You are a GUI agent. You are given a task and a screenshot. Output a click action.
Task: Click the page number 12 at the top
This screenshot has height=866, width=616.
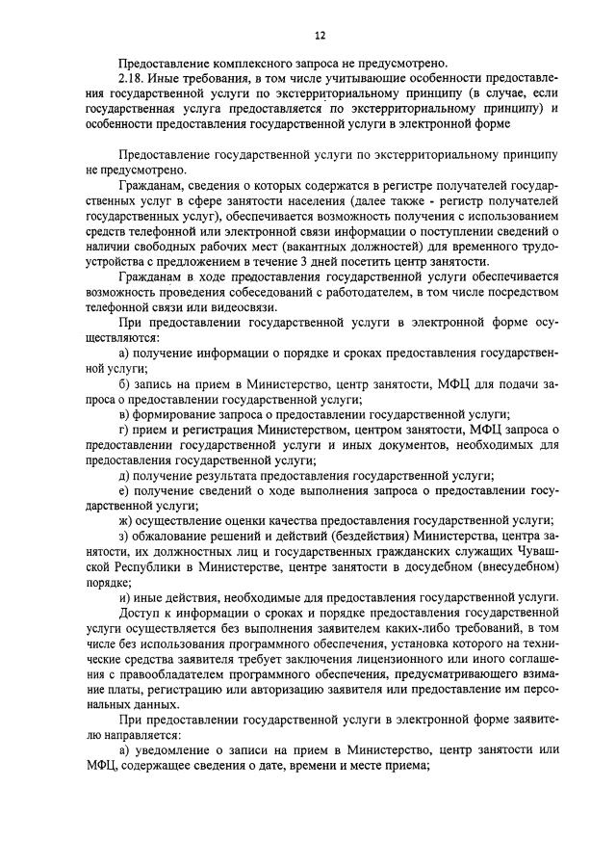319,36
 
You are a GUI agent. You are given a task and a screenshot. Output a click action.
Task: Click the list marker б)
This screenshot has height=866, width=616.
125,383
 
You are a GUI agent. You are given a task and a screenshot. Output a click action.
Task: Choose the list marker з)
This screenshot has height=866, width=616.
124,537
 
